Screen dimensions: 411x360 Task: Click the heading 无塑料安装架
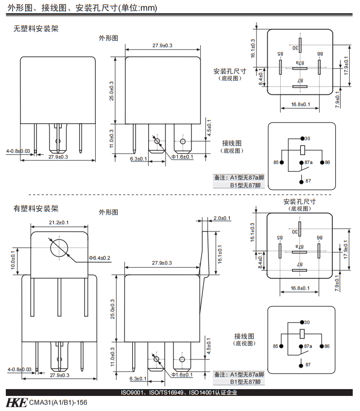[35, 29]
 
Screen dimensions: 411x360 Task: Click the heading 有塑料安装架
[35, 209]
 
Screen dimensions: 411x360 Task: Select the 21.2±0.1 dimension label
[59, 222]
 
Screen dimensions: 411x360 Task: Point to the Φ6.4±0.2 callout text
[99, 257]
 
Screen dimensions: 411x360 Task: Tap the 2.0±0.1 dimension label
[222, 218]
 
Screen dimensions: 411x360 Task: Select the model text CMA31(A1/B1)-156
[58, 403]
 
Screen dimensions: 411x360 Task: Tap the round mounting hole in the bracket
[59, 248]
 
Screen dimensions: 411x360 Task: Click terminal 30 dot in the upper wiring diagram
[302, 139]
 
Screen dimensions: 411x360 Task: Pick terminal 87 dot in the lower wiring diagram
[302, 365]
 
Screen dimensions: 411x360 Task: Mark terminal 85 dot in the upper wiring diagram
[282, 162]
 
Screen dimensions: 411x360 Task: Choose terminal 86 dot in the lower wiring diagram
[322, 346]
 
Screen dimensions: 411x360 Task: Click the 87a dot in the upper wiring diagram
[302, 162]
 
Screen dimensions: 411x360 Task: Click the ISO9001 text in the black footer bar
[132, 393]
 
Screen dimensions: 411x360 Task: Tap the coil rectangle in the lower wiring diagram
[302, 334]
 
